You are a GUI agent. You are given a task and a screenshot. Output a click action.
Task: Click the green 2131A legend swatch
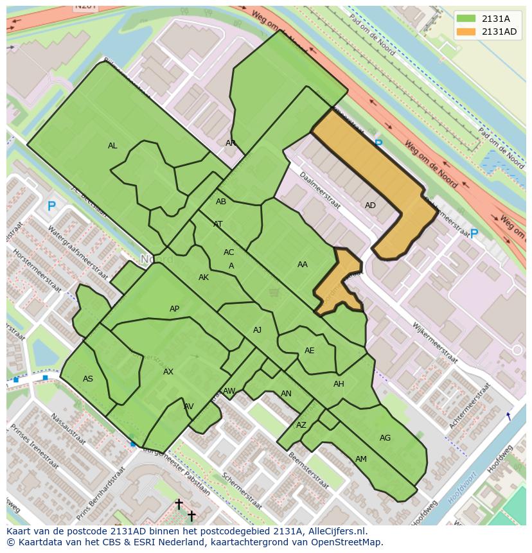466,19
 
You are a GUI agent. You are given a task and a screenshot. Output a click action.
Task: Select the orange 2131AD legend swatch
466,31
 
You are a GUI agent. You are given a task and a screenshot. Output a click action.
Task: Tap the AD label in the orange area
370,206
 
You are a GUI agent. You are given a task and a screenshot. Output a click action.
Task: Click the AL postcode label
112,146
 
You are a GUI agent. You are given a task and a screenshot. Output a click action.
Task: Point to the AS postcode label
88,379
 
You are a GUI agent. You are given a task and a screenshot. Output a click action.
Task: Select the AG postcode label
385,438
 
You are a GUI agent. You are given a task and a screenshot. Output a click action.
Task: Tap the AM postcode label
361,459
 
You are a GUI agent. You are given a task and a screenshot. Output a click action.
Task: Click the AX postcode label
168,372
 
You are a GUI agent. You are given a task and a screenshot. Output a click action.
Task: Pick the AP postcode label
174,309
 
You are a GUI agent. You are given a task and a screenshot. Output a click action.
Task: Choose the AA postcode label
303,265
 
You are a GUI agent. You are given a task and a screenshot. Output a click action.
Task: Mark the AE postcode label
310,351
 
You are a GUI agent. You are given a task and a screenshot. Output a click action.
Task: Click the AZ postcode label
301,425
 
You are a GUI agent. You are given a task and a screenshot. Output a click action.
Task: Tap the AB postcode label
221,202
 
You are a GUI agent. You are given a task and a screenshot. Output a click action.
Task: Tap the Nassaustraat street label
67,429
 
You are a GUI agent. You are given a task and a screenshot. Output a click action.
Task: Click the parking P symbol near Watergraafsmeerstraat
51,207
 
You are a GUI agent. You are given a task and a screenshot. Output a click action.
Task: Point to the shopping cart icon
274,293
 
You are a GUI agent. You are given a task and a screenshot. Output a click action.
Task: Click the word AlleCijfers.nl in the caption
335,531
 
